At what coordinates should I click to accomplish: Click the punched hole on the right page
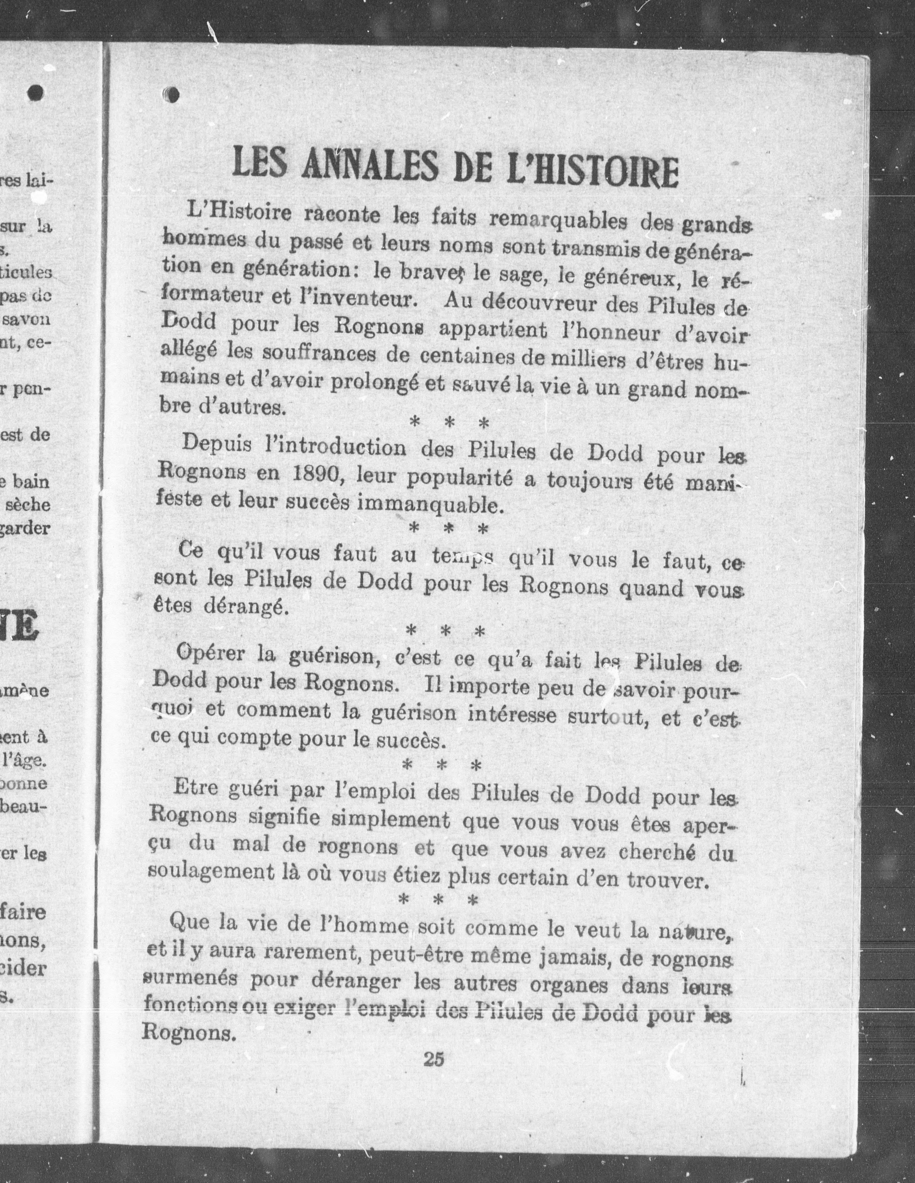pos(172,95)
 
